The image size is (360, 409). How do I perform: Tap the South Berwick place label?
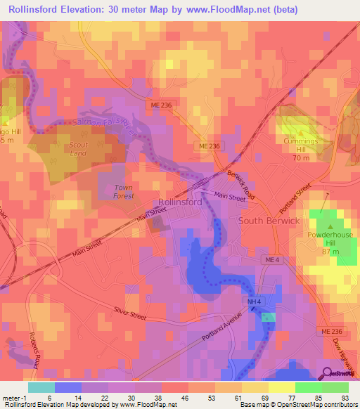[269, 220]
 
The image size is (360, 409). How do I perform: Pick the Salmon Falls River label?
[103, 123]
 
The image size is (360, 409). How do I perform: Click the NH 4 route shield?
[255, 302]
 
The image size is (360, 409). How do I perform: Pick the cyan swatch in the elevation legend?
[41, 387]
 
